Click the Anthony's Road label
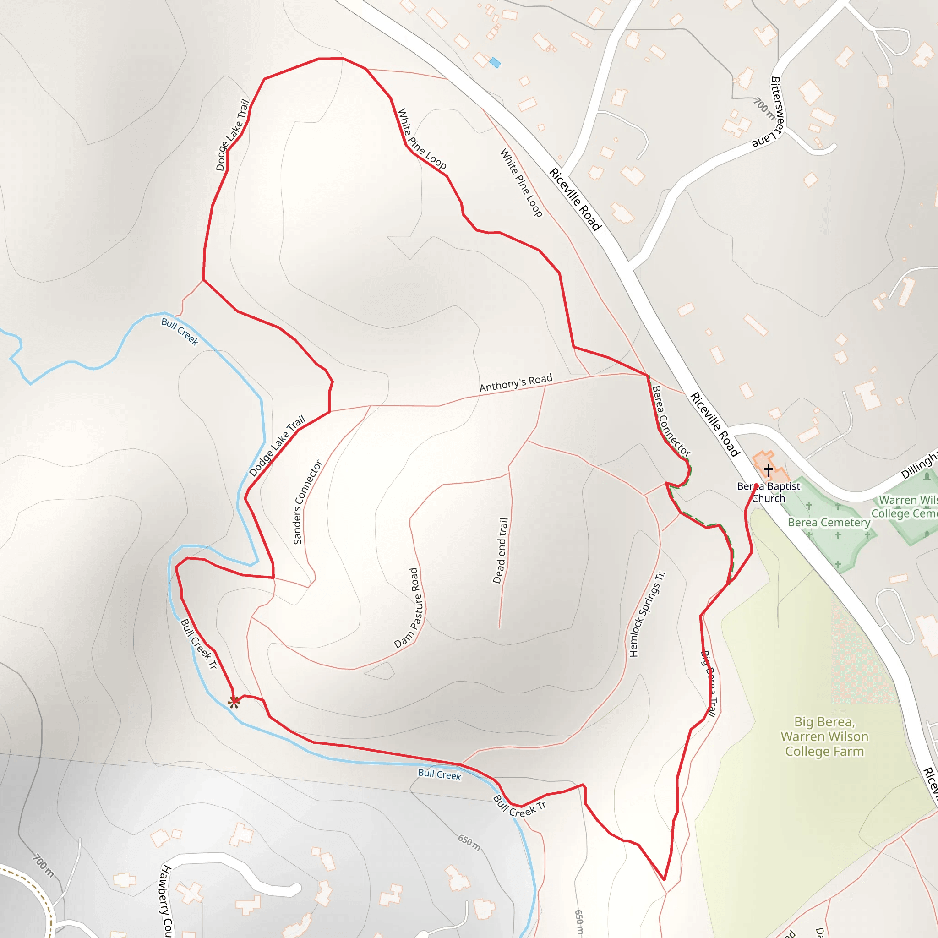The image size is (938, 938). click(x=516, y=382)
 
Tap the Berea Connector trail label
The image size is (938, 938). click(x=671, y=421)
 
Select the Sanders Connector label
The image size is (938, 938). click(x=307, y=502)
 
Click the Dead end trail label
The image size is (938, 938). click(x=501, y=551)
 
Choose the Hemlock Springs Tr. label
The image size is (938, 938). click(x=647, y=614)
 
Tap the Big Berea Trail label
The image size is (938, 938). click(x=709, y=684)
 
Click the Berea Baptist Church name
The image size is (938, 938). click(x=768, y=492)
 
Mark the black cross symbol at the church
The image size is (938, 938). click(x=768, y=470)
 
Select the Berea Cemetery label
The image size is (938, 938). click(x=829, y=523)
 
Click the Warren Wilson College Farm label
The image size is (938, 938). click(x=824, y=736)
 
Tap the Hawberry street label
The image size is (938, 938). click(x=166, y=900)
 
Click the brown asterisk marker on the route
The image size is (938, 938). click(x=234, y=702)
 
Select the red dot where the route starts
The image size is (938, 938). click(x=756, y=486)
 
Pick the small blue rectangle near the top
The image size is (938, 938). click(x=495, y=63)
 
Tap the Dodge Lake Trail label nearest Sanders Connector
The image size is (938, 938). click(x=277, y=445)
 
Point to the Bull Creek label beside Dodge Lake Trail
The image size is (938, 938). click(x=180, y=332)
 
